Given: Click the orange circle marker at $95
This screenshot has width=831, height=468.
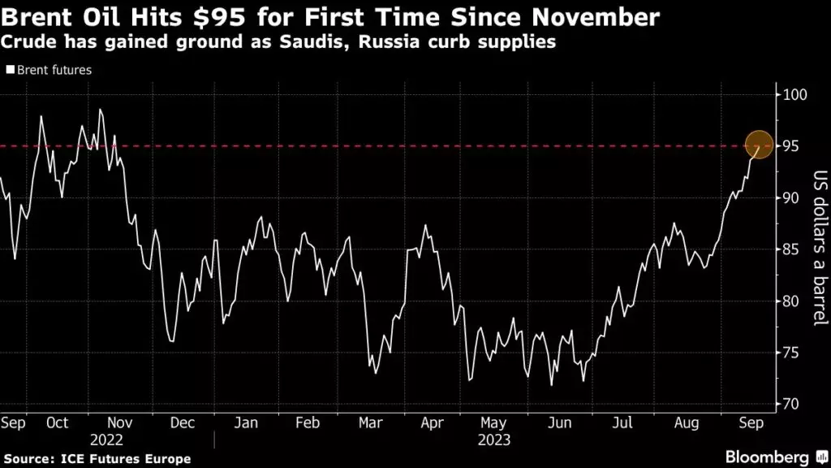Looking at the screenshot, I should [x=759, y=145].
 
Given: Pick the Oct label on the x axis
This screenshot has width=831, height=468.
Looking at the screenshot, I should [x=58, y=423].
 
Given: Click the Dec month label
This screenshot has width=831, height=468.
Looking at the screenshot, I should [x=183, y=423].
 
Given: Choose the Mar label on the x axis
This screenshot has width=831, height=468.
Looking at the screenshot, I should [x=370, y=423].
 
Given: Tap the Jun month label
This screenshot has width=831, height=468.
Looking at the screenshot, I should [x=559, y=423].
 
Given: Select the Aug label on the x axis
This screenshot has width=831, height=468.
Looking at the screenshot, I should [x=687, y=423].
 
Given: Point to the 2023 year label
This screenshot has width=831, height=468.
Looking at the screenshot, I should [x=494, y=439].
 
